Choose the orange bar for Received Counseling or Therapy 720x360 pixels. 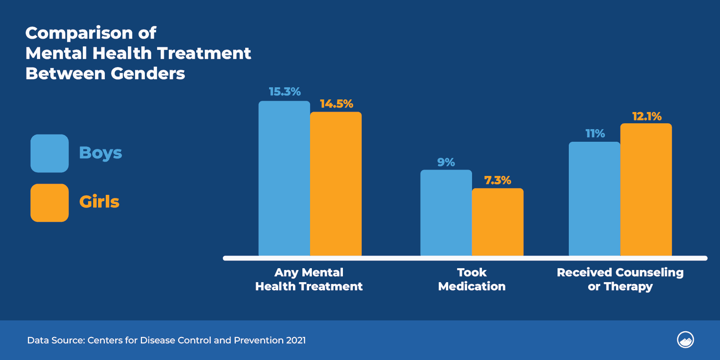646,189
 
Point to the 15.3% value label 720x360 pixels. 284,92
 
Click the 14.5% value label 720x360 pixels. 336,104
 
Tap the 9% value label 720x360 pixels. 446,162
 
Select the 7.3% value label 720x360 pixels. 497,180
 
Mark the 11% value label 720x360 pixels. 595,134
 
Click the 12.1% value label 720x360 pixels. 647,117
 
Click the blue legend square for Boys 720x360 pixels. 49,153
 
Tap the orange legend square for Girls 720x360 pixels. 49,203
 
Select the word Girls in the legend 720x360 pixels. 99,202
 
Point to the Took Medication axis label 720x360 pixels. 472,279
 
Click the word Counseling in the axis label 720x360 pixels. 649,272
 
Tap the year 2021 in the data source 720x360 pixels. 296,340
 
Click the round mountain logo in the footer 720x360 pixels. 685,340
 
